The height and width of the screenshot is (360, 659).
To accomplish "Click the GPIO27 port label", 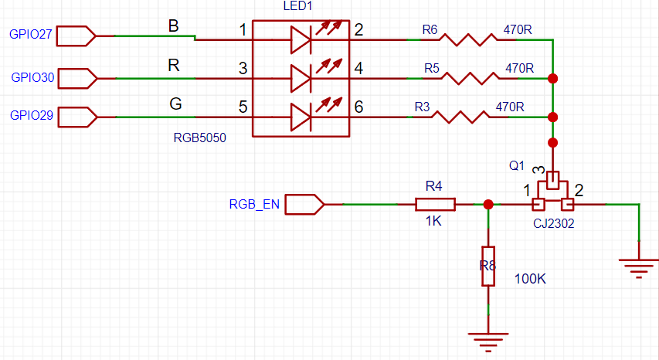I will click(x=31, y=35).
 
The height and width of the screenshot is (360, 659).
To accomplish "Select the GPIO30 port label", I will click(x=32, y=77).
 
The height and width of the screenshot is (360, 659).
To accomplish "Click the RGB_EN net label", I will click(x=254, y=205).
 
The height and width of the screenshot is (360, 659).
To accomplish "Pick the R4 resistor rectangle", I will click(x=435, y=205).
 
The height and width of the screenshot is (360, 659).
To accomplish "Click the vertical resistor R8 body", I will click(x=488, y=267).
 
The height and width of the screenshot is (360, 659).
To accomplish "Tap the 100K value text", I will click(x=531, y=278).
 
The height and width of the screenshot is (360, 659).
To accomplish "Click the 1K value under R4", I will click(x=433, y=221).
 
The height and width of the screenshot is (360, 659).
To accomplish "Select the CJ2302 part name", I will click(x=553, y=223).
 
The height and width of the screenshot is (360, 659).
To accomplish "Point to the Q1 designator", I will click(x=516, y=165).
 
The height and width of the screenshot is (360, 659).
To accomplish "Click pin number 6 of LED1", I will click(x=358, y=107).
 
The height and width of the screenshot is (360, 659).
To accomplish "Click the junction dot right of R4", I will click(x=488, y=205).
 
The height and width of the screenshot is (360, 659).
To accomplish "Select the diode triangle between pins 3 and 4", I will click(x=301, y=78).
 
